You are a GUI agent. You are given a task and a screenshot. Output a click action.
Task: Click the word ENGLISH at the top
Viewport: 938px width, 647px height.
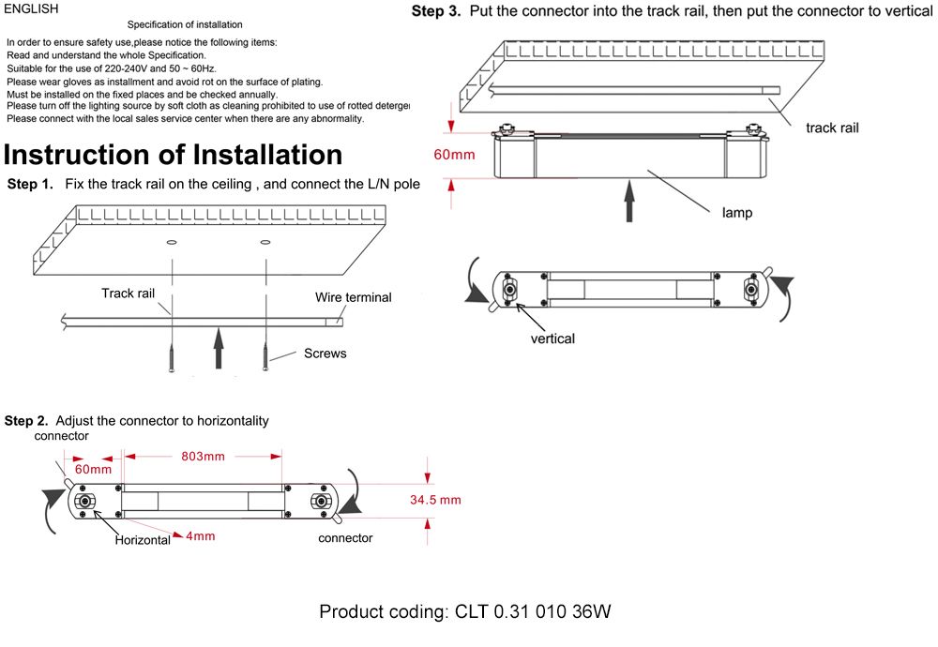(x=32, y=9)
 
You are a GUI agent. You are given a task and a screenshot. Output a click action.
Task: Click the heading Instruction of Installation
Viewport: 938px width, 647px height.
(x=174, y=154)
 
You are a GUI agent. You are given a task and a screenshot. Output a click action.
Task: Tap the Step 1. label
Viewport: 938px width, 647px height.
(x=30, y=184)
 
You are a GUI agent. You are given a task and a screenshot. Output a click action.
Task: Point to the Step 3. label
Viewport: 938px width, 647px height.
(x=436, y=12)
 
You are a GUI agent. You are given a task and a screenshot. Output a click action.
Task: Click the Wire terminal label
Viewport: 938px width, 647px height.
(x=353, y=297)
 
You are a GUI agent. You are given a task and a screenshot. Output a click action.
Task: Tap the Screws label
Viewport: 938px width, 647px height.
(x=325, y=354)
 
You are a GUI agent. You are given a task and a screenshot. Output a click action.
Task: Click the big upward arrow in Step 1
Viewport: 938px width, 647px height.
(x=219, y=346)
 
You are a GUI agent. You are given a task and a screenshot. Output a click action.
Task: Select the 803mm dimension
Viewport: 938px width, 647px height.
(x=202, y=457)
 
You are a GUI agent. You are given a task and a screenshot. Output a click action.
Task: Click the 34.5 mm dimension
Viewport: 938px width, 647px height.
(x=435, y=500)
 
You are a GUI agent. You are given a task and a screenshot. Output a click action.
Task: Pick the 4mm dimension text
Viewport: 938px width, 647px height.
(x=201, y=536)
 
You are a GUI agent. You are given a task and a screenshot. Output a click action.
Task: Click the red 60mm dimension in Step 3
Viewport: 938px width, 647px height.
(x=454, y=154)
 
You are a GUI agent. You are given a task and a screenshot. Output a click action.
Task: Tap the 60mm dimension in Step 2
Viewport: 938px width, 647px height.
(x=93, y=469)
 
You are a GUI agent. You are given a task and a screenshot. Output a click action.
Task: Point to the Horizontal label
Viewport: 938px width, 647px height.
(x=143, y=540)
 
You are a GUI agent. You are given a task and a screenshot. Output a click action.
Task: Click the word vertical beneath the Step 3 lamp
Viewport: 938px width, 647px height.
(x=552, y=339)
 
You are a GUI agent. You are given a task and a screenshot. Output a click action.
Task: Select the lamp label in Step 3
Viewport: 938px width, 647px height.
(x=736, y=213)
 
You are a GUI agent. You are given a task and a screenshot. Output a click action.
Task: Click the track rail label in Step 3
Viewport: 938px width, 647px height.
(x=832, y=128)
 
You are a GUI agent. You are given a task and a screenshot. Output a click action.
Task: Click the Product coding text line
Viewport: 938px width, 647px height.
(x=465, y=612)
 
